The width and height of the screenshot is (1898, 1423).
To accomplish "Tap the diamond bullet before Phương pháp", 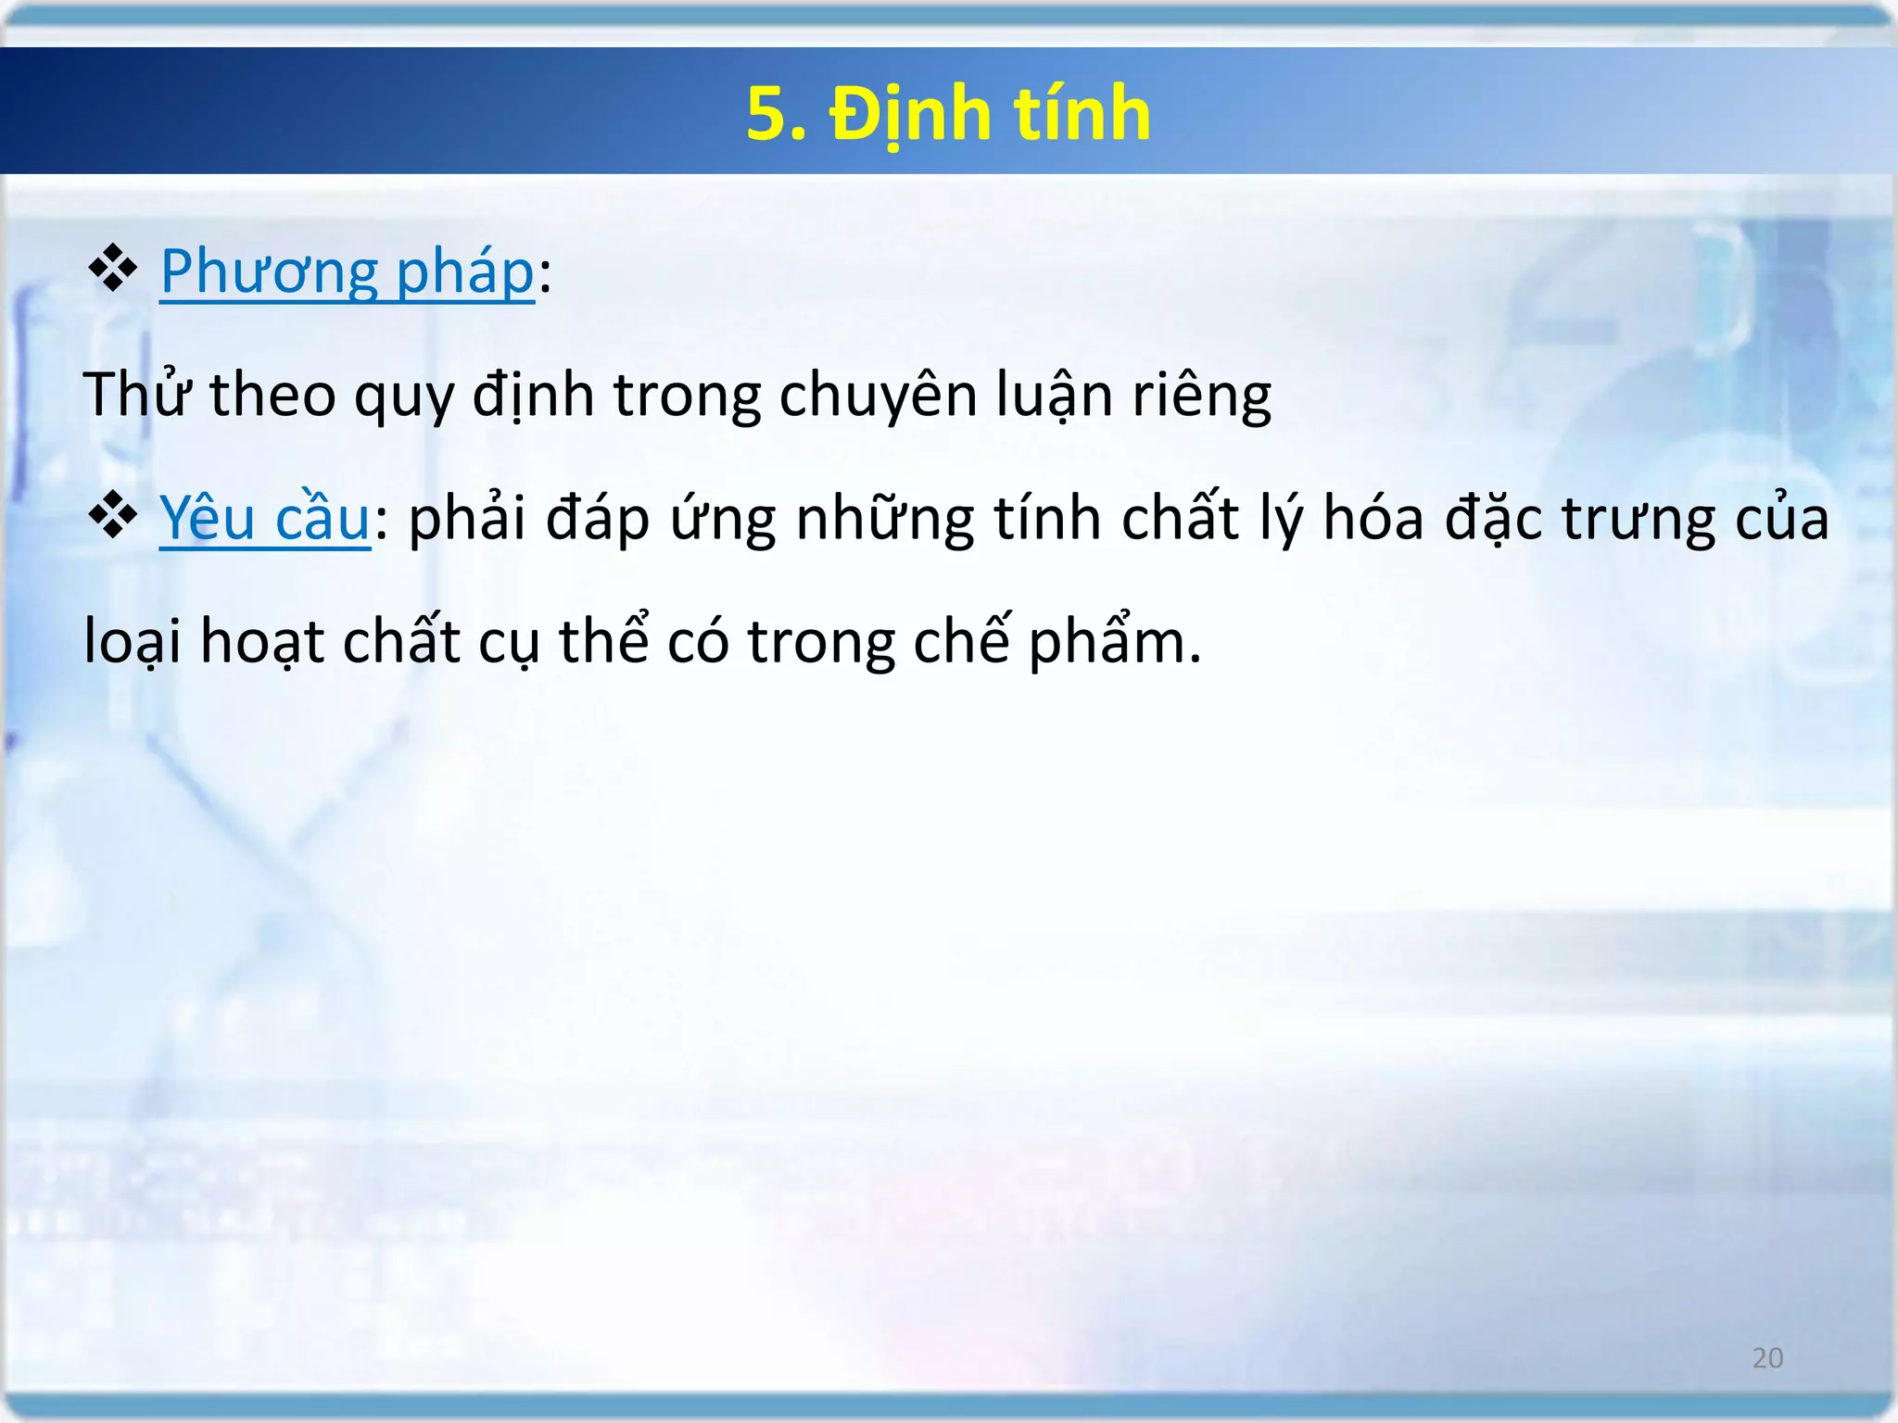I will coord(112,270).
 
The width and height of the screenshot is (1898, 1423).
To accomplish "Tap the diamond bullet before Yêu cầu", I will coord(112,516).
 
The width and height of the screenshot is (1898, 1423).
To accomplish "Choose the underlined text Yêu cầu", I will coord(265,518).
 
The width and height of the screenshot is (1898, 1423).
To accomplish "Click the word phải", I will coord(468,519).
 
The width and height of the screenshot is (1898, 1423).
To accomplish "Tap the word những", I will coord(885,519).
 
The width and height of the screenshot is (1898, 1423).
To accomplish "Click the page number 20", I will coord(1767,1358).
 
